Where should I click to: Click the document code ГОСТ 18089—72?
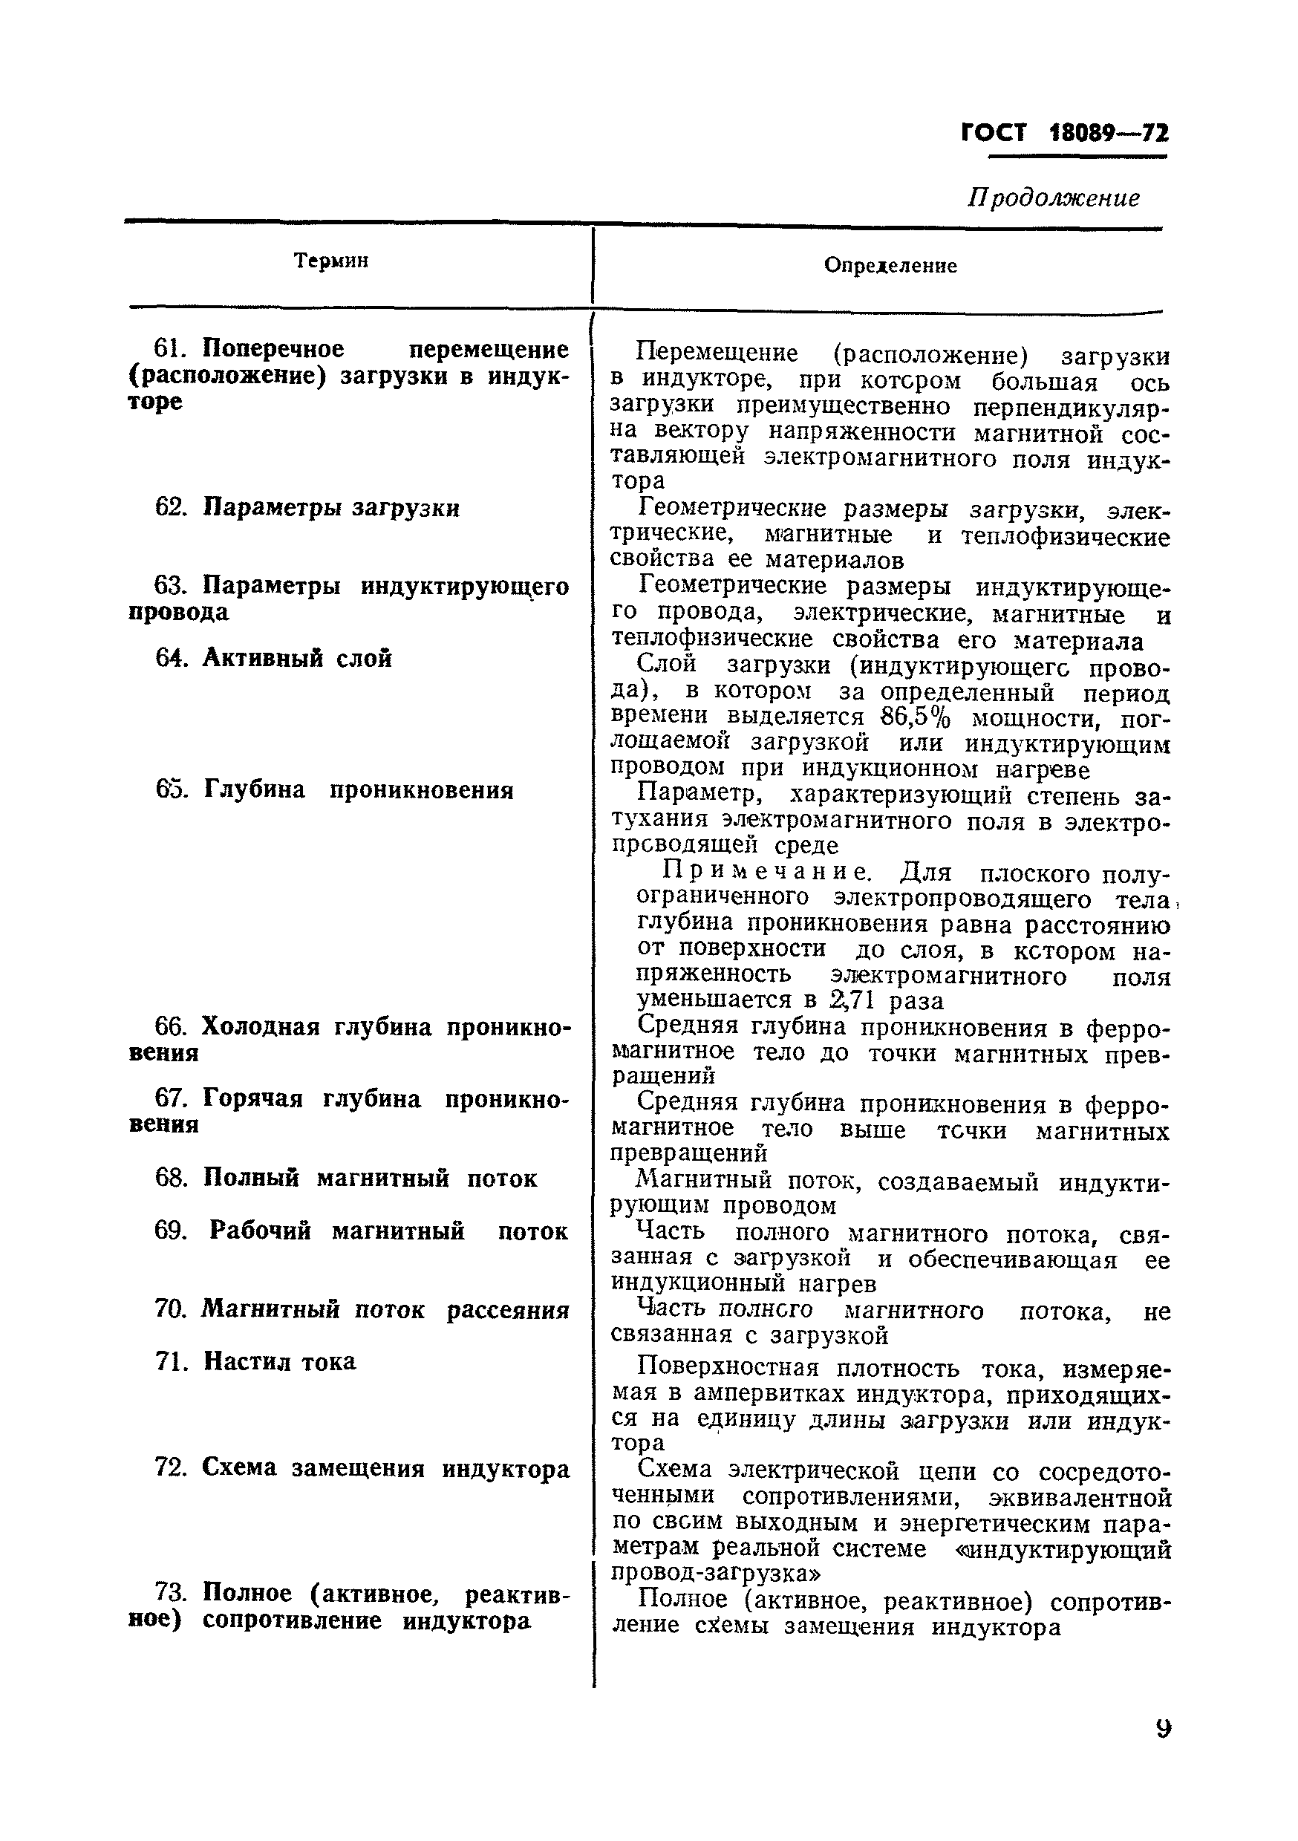(1064, 132)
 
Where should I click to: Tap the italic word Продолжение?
(1054, 198)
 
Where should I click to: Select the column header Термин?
(330, 261)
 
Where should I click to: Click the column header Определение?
(890, 265)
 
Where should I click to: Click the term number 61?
(169, 349)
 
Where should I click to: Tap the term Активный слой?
(296, 657)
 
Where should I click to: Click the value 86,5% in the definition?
(913, 715)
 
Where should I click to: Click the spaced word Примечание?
(766, 872)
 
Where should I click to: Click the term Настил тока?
(279, 1361)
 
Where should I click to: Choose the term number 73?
(169, 1592)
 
